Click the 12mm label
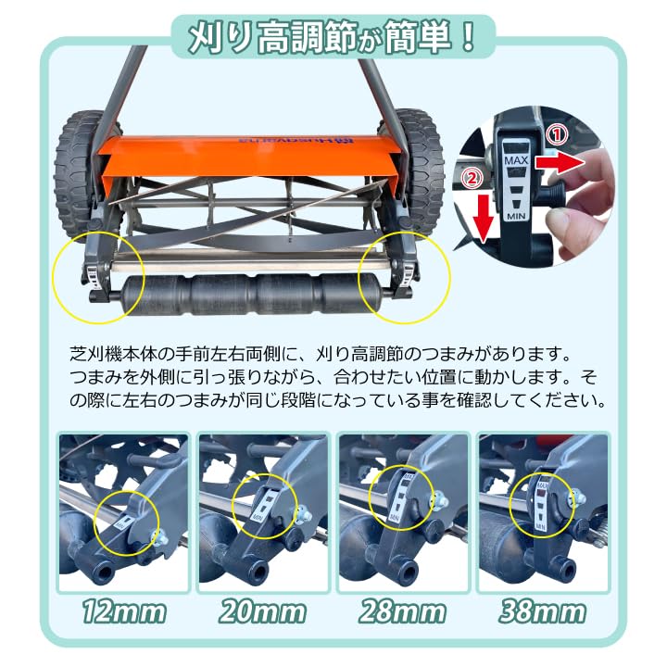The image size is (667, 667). click(x=123, y=612)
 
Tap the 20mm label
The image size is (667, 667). click(x=264, y=612)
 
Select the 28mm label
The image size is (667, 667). click(x=403, y=612)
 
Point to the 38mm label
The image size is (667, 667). click(x=543, y=612)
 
